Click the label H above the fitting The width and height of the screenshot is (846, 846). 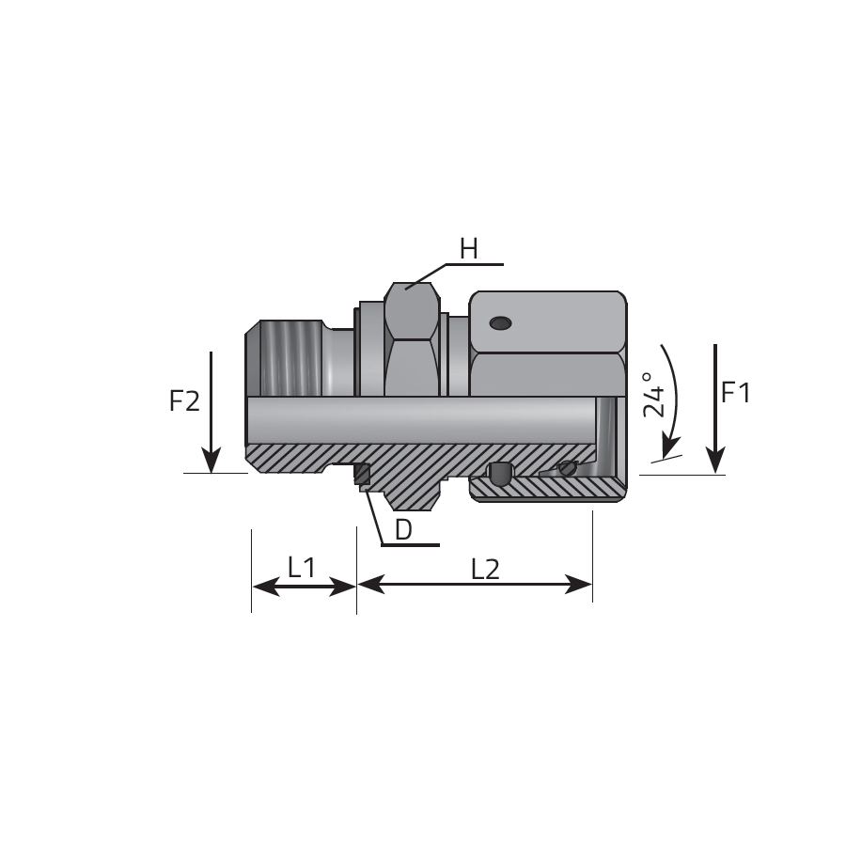click(469, 249)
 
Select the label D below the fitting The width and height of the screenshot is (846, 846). click(403, 530)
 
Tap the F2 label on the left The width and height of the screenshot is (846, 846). click(184, 400)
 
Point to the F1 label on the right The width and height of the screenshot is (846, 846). click(736, 392)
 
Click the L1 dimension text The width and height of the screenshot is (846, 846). click(302, 568)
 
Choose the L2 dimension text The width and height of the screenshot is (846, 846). click(486, 570)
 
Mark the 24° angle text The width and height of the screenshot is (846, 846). click(654, 395)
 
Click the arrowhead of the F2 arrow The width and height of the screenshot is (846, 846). click(211, 461)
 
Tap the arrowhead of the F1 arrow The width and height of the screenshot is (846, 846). click(715, 462)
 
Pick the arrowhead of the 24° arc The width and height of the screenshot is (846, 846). click(669, 447)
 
